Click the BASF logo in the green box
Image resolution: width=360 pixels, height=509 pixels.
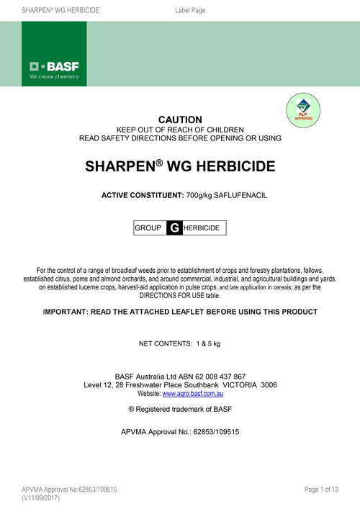pyautogui.click(x=54, y=71)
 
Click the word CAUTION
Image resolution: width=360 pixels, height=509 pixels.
pyautogui.click(x=180, y=120)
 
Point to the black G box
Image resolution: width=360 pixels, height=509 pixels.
pyautogui.click(x=174, y=228)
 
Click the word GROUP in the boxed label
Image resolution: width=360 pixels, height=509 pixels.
pyautogui.click(x=148, y=228)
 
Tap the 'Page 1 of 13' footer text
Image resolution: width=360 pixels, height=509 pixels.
pyautogui.click(x=321, y=490)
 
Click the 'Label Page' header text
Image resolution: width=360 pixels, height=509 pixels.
pyautogui.click(x=191, y=9)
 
